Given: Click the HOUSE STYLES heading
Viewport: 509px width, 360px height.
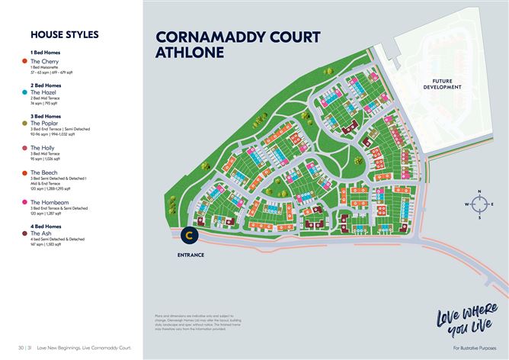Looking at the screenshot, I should (64, 34).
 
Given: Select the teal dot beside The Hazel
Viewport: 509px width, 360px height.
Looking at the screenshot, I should (25, 92).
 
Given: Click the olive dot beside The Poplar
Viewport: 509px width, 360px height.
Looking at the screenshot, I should (25, 123).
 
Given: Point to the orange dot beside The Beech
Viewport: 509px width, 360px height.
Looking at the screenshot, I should (25, 173).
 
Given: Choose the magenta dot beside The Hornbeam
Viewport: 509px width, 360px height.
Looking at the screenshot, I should (25, 202).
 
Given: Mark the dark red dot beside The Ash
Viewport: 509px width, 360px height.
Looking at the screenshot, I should (25, 233).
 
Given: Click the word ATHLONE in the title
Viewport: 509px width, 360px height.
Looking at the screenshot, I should (190, 53).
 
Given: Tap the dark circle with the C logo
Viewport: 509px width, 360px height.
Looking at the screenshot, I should (189, 235).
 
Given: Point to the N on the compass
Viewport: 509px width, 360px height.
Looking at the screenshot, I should (479, 191).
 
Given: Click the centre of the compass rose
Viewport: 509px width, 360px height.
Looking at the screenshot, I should (479, 204).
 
